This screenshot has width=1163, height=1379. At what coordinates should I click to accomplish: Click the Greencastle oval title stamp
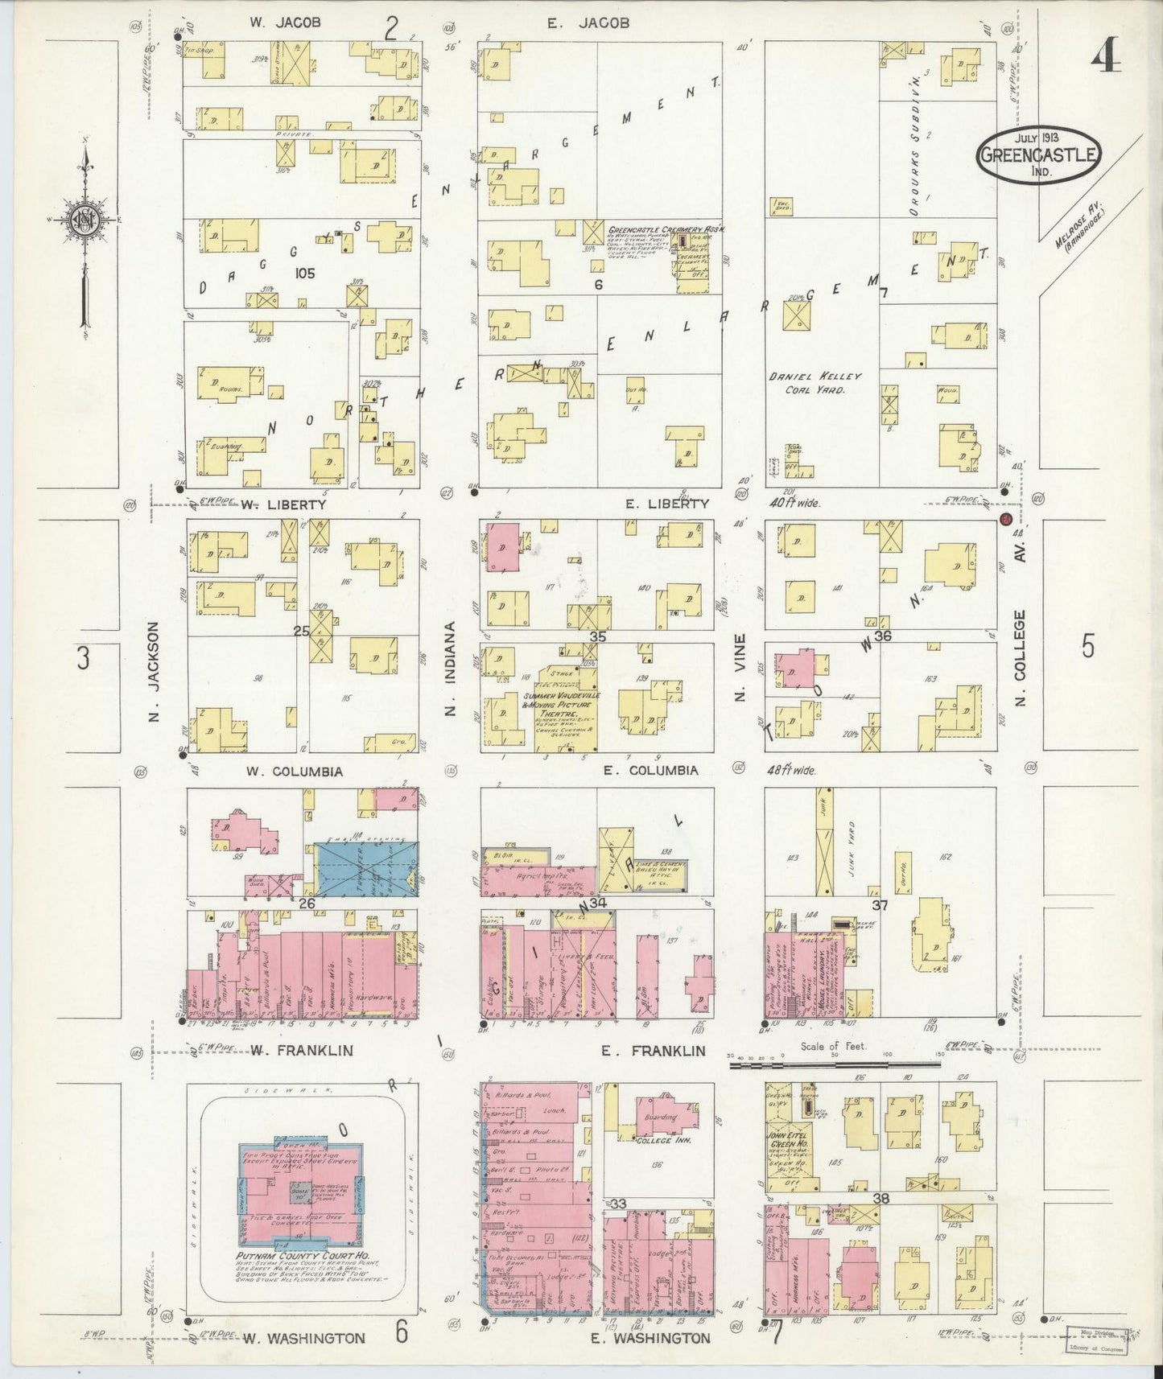click(1039, 153)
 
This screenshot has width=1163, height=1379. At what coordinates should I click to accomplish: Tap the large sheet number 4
click(1107, 56)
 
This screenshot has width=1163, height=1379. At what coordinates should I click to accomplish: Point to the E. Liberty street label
click(667, 504)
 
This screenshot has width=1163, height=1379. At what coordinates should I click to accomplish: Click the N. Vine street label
click(741, 677)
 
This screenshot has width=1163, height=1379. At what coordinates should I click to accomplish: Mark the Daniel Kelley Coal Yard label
click(815, 383)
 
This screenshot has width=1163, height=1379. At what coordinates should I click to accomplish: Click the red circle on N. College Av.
click(1005, 520)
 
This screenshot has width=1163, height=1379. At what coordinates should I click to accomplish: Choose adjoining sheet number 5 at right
click(1088, 646)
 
